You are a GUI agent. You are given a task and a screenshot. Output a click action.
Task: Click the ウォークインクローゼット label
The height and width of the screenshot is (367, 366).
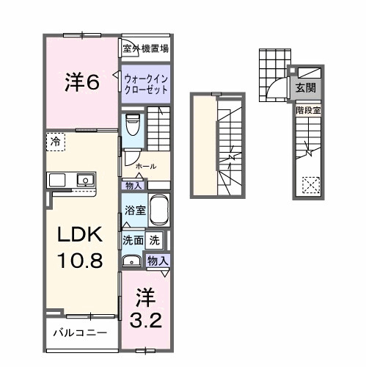coord(145,81)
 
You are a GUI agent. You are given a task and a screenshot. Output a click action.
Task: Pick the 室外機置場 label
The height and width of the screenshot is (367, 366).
coord(146,49)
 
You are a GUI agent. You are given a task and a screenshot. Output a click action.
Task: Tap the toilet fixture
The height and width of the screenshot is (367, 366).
coord(133,126)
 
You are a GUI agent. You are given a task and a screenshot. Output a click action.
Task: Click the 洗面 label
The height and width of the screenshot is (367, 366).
coord(133,239)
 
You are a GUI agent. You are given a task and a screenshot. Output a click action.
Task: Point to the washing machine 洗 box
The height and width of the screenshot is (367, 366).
coord(155,239)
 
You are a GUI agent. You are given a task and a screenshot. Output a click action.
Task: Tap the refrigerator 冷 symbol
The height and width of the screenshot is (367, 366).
coord(56,140)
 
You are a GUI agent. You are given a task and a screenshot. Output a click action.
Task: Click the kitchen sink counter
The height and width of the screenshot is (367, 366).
coord(70,180)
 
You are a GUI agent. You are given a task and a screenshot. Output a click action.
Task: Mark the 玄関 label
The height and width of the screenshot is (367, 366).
coord(305,87)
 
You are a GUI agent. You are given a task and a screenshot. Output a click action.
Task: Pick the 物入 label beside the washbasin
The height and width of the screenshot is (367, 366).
coord(158,260)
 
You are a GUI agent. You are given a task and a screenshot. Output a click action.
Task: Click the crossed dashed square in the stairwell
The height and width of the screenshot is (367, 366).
coord(311,183)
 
